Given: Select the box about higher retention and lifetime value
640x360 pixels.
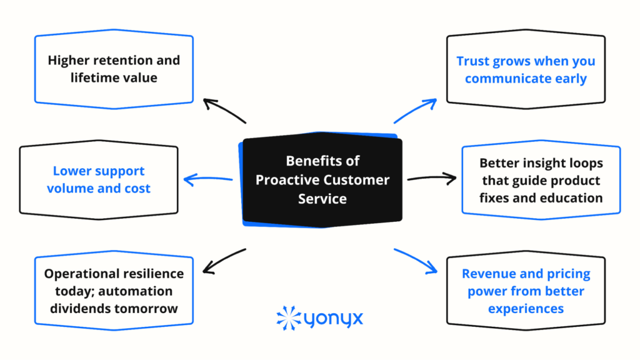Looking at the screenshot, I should coord(114,69).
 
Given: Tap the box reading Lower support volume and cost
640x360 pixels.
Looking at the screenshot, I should coord(99,180).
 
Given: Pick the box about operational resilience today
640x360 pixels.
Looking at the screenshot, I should coord(114,291).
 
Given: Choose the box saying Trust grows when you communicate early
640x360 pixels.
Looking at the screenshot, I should coord(526,69).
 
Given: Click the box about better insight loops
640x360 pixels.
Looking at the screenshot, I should coord(541,180).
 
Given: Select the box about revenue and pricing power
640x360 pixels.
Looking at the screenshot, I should coord(526,291).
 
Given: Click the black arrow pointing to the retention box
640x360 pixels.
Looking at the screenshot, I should coord(225,111).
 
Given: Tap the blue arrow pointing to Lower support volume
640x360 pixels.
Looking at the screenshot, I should coord(208,180).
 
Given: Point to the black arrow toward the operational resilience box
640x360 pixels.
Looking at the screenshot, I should coord(225,261).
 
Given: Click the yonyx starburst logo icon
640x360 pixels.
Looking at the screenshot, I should coord(288,317).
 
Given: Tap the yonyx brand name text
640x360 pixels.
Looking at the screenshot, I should coord(334,319).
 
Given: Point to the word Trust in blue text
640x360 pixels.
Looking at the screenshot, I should coord(473,61).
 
